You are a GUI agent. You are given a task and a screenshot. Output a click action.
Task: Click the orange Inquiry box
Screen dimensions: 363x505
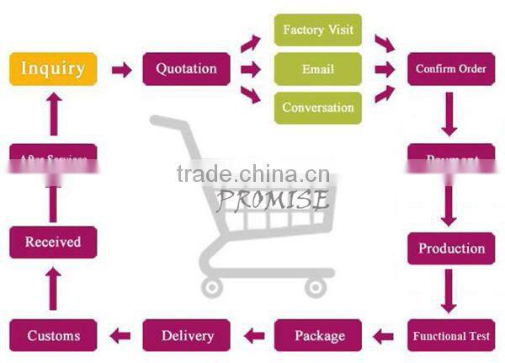pos(53,69)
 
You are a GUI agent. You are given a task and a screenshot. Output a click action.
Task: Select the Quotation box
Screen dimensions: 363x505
pos(186,69)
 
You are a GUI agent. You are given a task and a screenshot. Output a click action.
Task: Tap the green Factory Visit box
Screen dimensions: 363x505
pos(318,30)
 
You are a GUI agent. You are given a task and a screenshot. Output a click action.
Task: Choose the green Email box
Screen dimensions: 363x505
pos(318,69)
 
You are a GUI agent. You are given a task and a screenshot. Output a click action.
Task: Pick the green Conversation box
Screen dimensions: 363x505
pos(318,108)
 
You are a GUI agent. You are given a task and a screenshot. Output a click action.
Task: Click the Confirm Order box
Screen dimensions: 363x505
pos(451,69)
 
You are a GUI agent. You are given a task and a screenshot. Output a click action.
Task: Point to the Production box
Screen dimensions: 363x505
pos(451,248)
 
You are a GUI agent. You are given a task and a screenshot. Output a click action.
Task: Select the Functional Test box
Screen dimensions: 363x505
pos(451,336)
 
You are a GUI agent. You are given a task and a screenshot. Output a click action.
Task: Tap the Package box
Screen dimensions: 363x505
pos(319,336)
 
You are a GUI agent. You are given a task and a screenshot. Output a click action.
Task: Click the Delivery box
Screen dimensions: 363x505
pos(186,336)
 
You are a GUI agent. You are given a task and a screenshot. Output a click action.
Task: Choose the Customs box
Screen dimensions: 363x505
pos(53,336)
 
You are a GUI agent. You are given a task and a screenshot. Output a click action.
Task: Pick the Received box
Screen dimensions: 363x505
pos(53,242)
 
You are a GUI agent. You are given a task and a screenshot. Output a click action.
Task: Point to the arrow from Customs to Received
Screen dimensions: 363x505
pos(53,289)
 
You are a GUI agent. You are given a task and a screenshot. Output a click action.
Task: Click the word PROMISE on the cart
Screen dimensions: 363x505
pos(271,200)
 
